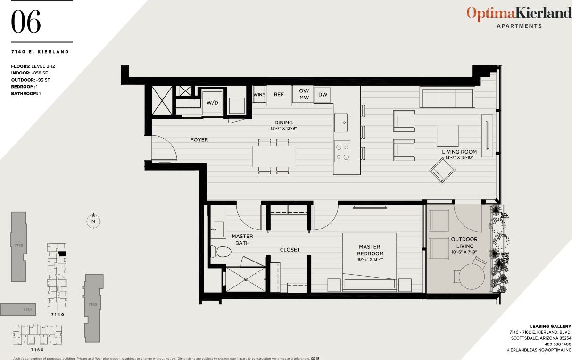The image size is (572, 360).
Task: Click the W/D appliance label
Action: click(x=212, y=102)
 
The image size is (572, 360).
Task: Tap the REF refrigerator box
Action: click(x=279, y=94)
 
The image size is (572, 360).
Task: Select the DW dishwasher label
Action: click(x=323, y=95)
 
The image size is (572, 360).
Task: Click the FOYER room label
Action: click(x=199, y=140)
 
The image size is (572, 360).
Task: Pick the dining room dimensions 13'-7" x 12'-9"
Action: click(x=283, y=128)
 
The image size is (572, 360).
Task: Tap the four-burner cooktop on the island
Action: click(x=342, y=152)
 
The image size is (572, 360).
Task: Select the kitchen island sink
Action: click(x=341, y=123)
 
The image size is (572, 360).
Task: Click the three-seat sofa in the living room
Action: click(x=447, y=98)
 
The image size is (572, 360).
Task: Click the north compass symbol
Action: click(x=93, y=221)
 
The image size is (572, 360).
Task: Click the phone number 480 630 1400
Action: click(x=558, y=344)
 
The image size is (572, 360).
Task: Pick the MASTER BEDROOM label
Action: click(x=369, y=250)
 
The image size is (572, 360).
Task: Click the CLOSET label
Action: click(x=290, y=250)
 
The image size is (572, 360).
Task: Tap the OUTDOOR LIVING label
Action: click(x=464, y=242)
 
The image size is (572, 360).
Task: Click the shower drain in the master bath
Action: click(x=246, y=279)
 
